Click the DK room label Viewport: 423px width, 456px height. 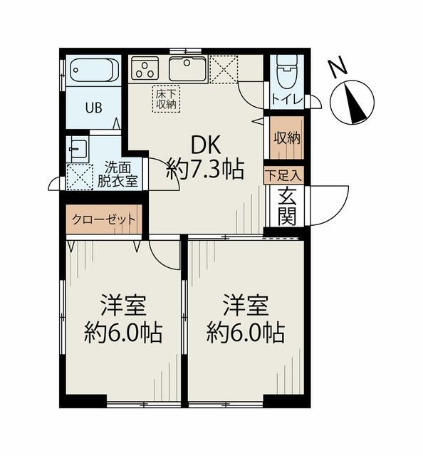point(206,145)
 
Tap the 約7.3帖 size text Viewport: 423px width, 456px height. point(205,170)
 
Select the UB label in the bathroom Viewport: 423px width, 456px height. point(93,108)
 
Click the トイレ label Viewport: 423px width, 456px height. point(287,100)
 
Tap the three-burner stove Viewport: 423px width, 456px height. point(145,68)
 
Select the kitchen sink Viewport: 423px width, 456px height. point(187,68)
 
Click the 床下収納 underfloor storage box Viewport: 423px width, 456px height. point(167,99)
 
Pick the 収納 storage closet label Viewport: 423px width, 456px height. point(287,138)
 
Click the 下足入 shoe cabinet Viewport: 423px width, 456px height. point(283,175)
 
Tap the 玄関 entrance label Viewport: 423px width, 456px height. point(287,207)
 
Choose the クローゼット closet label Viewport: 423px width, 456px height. point(104,219)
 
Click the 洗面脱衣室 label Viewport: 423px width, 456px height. point(117,174)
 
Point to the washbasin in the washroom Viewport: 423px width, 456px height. point(78,149)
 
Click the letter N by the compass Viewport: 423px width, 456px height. point(338,68)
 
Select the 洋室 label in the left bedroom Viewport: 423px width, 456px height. point(123,305)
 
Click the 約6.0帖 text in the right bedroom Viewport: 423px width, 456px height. point(246,333)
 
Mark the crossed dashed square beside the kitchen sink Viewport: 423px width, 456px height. point(224,69)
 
